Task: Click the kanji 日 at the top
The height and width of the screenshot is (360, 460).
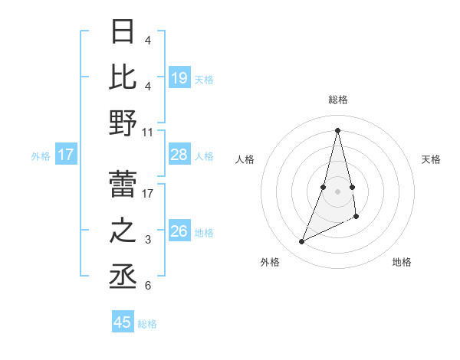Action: point(123,31)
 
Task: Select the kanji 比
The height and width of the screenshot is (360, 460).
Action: point(123,76)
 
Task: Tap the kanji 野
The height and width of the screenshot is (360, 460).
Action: point(123,123)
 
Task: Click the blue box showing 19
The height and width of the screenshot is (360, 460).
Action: point(179,78)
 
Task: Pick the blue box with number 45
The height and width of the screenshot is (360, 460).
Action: point(123,322)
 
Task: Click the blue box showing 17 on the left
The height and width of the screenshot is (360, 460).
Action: point(66,155)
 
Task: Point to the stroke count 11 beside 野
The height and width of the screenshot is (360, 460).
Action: point(148,133)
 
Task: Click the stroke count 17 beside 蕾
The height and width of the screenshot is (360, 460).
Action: point(148,194)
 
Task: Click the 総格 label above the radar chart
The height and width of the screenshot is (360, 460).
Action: point(338,100)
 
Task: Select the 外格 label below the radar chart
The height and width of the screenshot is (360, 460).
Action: point(270,262)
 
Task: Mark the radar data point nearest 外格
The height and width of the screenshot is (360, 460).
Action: point(302,242)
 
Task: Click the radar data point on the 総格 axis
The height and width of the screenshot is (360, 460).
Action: point(338,129)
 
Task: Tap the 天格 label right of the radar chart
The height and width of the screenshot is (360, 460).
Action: point(432,159)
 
